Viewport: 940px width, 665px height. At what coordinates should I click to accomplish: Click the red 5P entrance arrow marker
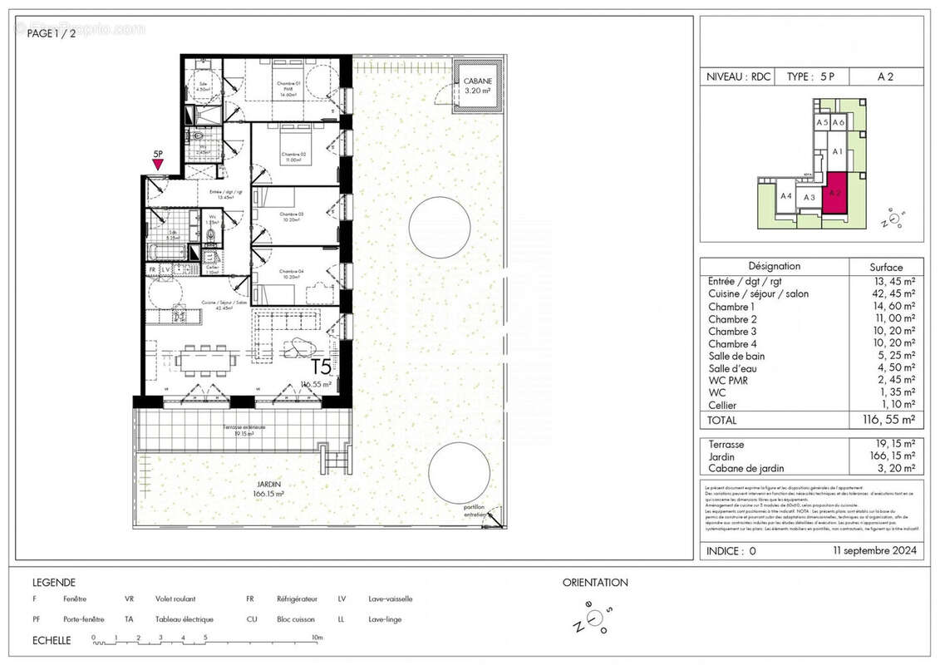(x=158, y=164)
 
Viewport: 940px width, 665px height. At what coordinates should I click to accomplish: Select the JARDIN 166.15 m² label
(x=268, y=489)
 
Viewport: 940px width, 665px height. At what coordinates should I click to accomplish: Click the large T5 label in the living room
(x=321, y=367)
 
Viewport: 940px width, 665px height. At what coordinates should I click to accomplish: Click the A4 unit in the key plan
(x=785, y=196)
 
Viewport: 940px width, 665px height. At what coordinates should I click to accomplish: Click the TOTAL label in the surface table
(x=723, y=421)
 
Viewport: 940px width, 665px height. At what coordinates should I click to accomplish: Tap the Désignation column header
(x=774, y=267)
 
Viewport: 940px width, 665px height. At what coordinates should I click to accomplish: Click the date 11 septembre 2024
(x=874, y=550)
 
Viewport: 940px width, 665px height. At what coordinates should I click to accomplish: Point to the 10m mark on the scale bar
(x=317, y=638)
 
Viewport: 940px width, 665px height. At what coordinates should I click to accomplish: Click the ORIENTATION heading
(x=595, y=583)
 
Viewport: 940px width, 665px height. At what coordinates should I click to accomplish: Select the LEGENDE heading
(x=54, y=583)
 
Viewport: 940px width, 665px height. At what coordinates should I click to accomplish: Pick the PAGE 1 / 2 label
(x=52, y=33)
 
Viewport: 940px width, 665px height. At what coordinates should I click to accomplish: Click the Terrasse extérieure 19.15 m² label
(x=244, y=430)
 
